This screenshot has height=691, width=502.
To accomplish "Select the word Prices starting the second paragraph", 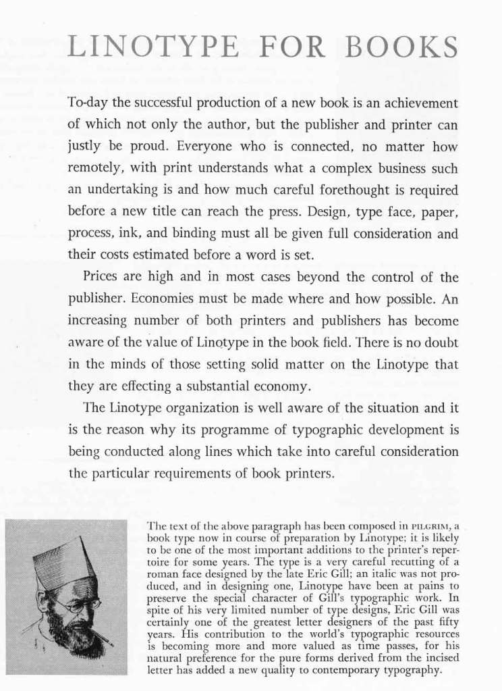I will pos(101,277).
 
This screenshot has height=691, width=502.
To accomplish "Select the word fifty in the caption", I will pos(446,626).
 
